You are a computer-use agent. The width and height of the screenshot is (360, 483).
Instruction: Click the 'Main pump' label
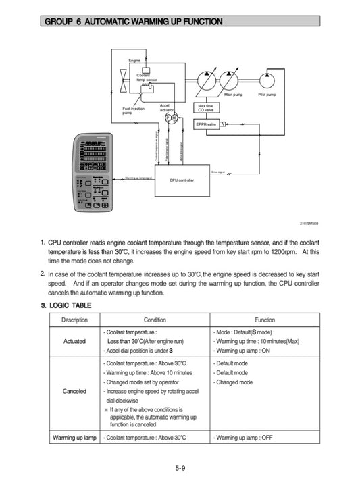[x=233, y=95]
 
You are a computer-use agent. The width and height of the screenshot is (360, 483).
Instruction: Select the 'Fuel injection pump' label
[x=132, y=111]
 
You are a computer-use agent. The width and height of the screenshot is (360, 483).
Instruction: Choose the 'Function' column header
[x=264, y=320]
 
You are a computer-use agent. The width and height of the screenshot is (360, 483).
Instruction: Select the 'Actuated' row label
[x=74, y=341]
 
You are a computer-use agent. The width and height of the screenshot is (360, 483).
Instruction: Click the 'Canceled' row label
[x=74, y=391]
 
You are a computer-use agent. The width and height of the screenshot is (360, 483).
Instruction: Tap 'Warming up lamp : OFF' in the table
[x=243, y=438]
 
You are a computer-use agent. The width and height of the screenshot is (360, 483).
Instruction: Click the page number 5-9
[x=180, y=469]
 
